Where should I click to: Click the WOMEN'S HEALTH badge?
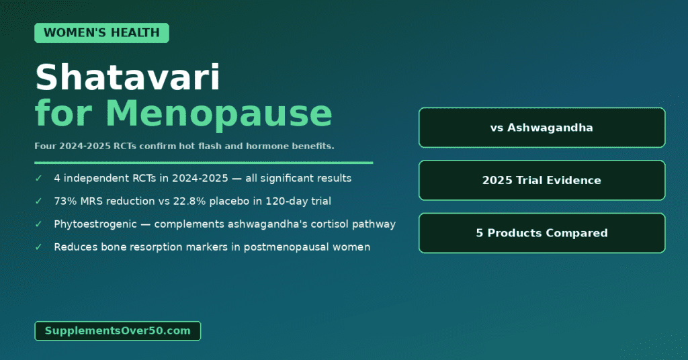[x=101, y=33]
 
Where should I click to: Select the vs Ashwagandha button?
[x=542, y=128]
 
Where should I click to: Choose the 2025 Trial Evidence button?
[x=542, y=180]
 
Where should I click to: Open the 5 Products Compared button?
[x=542, y=233]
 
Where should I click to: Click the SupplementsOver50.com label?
[x=118, y=330]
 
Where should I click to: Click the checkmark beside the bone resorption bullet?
[x=38, y=247]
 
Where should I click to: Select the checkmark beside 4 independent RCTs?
[x=38, y=179]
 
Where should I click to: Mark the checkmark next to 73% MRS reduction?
[x=38, y=201]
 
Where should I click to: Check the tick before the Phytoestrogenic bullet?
[x=38, y=224]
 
